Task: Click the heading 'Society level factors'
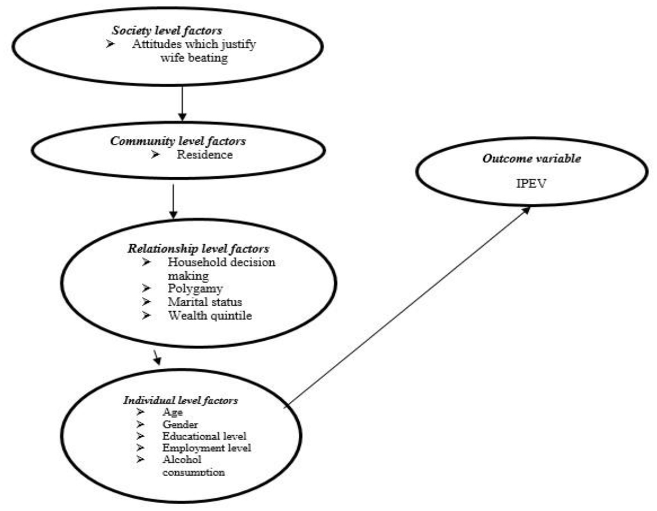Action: [x=167, y=30]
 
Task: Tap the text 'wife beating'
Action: [x=194, y=58]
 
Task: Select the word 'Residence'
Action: [x=205, y=154]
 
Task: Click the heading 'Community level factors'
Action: [x=178, y=141]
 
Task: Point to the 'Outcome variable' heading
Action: [x=531, y=158]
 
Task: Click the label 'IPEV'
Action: [x=531, y=184]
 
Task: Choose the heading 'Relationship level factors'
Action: [x=198, y=248]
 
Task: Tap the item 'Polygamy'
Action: [x=195, y=288]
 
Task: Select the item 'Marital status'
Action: [x=205, y=302]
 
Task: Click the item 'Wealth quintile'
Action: [x=210, y=315]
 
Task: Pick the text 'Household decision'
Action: [x=221, y=262]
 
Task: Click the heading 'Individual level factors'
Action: [x=181, y=400]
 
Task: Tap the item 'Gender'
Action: [x=180, y=424]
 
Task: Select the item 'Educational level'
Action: [x=204, y=436]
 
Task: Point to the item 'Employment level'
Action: [x=207, y=448]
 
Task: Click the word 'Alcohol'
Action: [x=182, y=460]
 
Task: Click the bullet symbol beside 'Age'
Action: [x=140, y=412]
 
